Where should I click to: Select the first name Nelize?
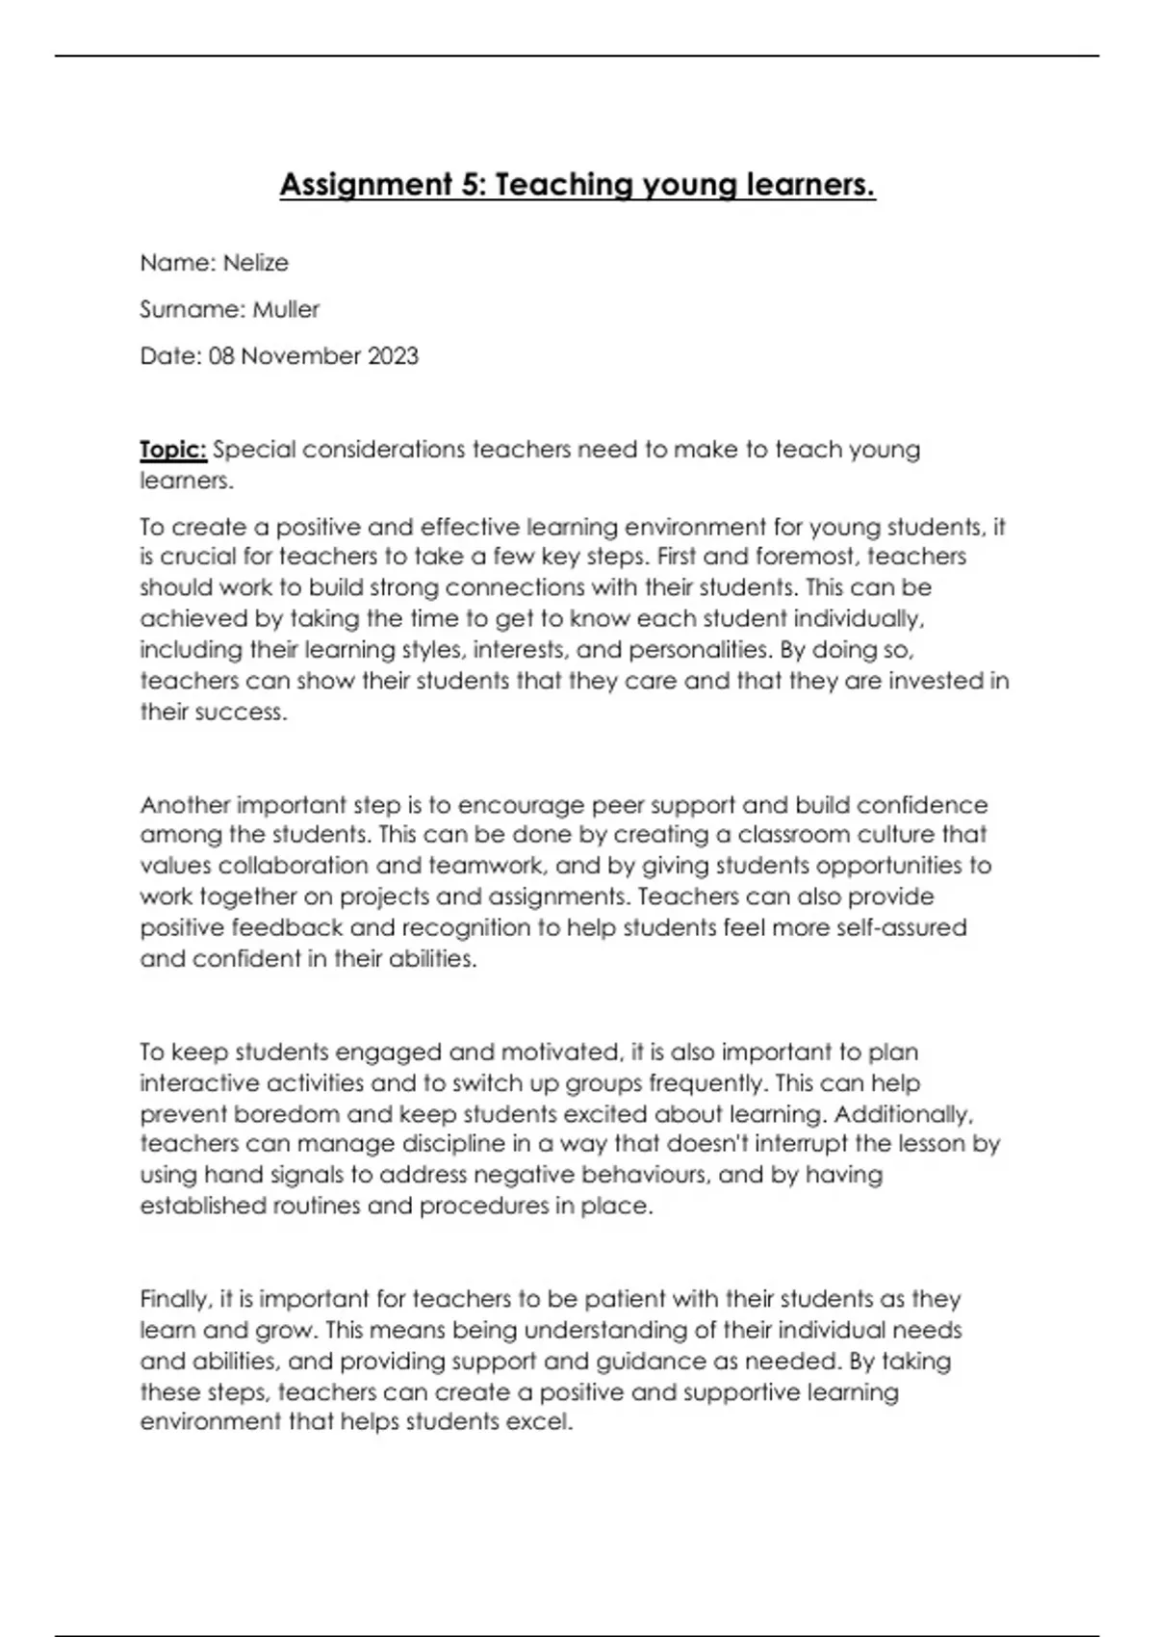pyautogui.click(x=255, y=263)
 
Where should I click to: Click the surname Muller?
pyautogui.click(x=286, y=309)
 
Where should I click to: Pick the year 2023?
pyautogui.click(x=392, y=356)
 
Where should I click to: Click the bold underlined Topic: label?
pyautogui.click(x=173, y=450)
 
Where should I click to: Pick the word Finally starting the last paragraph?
pyautogui.click(x=175, y=1299)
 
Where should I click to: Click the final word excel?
pyautogui.click(x=543, y=1422)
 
